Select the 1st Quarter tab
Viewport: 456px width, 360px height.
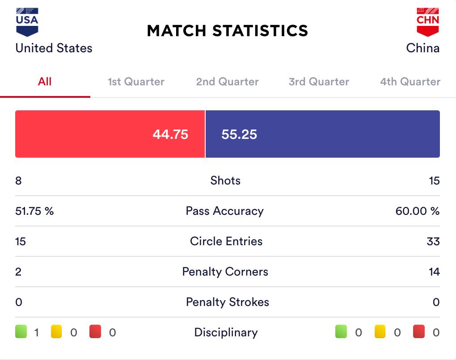[x=136, y=82]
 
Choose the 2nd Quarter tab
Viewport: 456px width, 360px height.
[x=227, y=82]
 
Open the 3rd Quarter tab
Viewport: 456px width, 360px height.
[x=319, y=82]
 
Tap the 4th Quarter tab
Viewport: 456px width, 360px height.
[x=410, y=82]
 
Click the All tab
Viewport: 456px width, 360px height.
[x=45, y=82]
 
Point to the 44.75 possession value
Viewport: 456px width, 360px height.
[x=170, y=134]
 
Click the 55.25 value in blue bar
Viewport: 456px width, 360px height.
[x=239, y=134]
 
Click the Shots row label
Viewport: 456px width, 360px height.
[x=225, y=181]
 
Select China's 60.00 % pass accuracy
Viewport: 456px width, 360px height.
[x=417, y=211]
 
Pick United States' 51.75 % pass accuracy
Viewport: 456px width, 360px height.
[x=34, y=211]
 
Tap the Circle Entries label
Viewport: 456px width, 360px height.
[x=226, y=242]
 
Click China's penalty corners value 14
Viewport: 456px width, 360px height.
[x=434, y=272]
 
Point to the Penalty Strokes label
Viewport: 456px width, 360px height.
[x=228, y=302]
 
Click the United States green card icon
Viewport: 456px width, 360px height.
[x=21, y=332]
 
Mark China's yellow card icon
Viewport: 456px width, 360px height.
[x=380, y=332]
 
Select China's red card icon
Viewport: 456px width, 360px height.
[x=418, y=332]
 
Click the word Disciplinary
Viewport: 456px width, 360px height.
[x=226, y=333]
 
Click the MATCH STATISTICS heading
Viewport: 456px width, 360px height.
[x=228, y=31]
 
